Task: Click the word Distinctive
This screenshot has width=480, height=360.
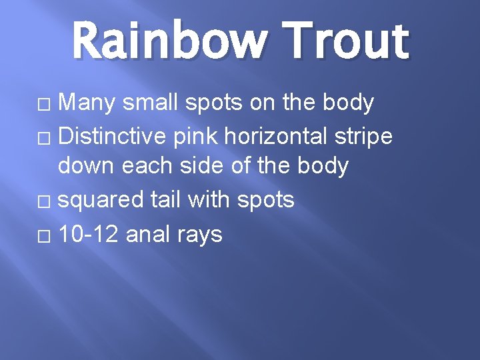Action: tap(113, 136)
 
